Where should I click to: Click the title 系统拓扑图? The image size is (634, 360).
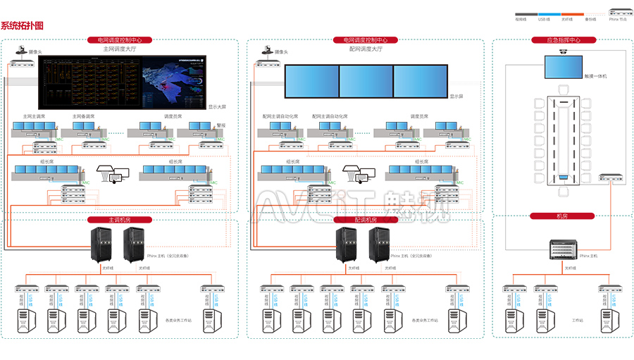tap(22, 26)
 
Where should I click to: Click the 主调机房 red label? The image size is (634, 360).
tap(119, 220)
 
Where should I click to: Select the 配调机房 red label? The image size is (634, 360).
tap(365, 220)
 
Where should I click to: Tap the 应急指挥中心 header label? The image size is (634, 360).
tap(563, 40)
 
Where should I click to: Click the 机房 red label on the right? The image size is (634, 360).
tap(563, 216)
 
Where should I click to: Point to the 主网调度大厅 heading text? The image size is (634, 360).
tap(119, 49)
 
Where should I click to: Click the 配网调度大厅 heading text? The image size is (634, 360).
tap(365, 49)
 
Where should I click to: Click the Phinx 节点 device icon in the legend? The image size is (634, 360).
tap(617, 13)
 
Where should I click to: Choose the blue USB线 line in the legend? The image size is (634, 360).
tap(547, 13)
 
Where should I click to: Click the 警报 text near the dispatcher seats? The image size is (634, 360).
tap(221, 124)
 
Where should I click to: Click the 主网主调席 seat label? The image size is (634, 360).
tap(34, 116)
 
